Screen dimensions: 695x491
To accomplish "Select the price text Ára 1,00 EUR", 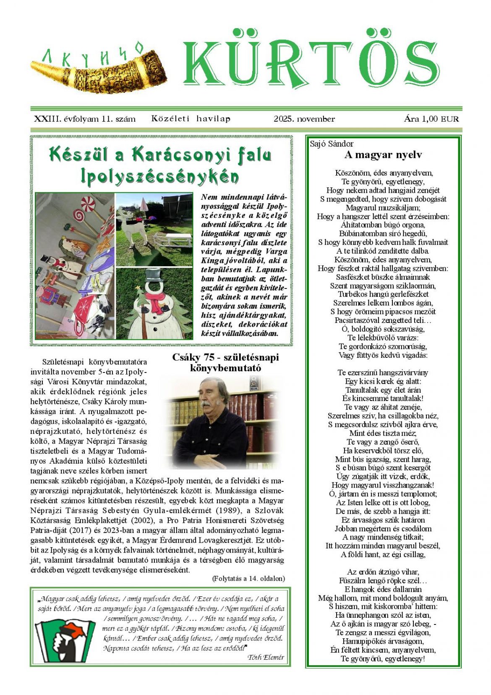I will pyautogui.click(x=431, y=119).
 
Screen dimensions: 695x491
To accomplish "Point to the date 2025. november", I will pyautogui.click(x=304, y=119).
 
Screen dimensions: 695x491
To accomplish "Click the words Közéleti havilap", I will pyautogui.click(x=191, y=119).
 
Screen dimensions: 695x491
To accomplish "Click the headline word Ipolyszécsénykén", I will pyautogui.click(x=160, y=176).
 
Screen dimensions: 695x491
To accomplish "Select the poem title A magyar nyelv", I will pyautogui.click(x=383, y=155).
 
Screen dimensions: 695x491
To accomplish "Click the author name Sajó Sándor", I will pyautogui.click(x=332, y=144).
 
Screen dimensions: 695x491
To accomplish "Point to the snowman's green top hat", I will pyautogui.click(x=155, y=278).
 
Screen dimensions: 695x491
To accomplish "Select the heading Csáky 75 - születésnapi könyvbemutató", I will pyautogui.click(x=225, y=362).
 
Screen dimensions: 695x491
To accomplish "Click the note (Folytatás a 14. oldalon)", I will pyautogui.click(x=248, y=579).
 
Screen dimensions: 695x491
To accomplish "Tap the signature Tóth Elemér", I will pyautogui.click(x=266, y=657).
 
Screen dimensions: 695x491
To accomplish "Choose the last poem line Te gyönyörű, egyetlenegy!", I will pyautogui.click(x=383, y=658).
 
